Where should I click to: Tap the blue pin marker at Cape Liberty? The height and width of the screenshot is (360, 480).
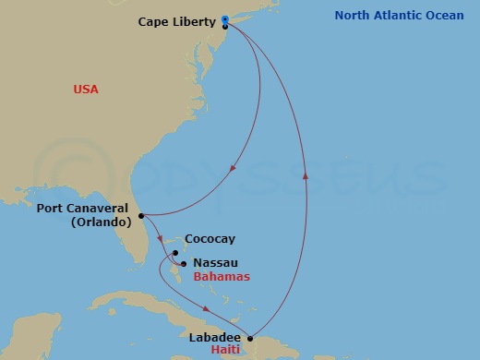point(225,19)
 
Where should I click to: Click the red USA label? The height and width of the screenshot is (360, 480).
point(86,90)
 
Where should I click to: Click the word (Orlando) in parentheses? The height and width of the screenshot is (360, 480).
point(102,222)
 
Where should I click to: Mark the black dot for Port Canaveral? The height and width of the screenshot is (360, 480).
point(140,216)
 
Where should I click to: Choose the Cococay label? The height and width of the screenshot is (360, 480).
point(209,238)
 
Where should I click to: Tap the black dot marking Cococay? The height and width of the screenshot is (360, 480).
point(174,251)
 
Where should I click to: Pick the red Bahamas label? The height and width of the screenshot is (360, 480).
point(222,277)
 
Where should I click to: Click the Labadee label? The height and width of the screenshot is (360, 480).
point(211,337)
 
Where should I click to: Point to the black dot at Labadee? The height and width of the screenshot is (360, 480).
point(250,338)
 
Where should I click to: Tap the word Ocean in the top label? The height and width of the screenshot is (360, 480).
point(444,16)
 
